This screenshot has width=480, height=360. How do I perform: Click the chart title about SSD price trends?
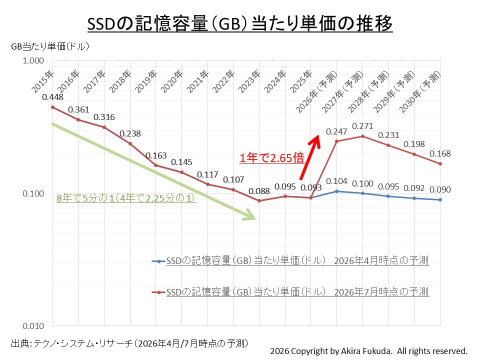click(x=240, y=24)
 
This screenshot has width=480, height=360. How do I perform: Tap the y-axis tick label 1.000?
click(x=33, y=61)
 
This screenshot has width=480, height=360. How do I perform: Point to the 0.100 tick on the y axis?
click(x=33, y=193)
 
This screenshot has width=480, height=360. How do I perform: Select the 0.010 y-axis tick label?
click(x=33, y=326)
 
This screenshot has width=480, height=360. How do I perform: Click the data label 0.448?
click(x=53, y=97)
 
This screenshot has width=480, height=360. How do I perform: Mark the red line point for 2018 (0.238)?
click(x=130, y=144)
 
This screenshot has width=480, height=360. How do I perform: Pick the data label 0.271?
click(x=363, y=126)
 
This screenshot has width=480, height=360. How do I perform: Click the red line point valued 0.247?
click(x=337, y=141)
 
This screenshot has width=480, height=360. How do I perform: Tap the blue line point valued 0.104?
click(x=337, y=191)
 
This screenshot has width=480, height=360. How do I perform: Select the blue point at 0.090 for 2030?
click(x=440, y=200)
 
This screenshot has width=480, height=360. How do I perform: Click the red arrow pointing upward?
click(x=310, y=157)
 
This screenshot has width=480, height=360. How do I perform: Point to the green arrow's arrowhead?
click(x=248, y=214)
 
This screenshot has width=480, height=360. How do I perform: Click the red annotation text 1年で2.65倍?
click(x=272, y=158)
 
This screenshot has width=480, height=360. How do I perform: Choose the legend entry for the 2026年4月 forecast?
click(x=290, y=260)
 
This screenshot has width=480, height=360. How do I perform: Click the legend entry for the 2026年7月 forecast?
click(x=290, y=292)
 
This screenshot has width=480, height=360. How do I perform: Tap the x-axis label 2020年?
click(x=172, y=82)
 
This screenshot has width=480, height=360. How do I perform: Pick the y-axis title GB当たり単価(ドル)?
click(x=50, y=46)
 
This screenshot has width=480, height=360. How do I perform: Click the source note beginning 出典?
click(x=130, y=343)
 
